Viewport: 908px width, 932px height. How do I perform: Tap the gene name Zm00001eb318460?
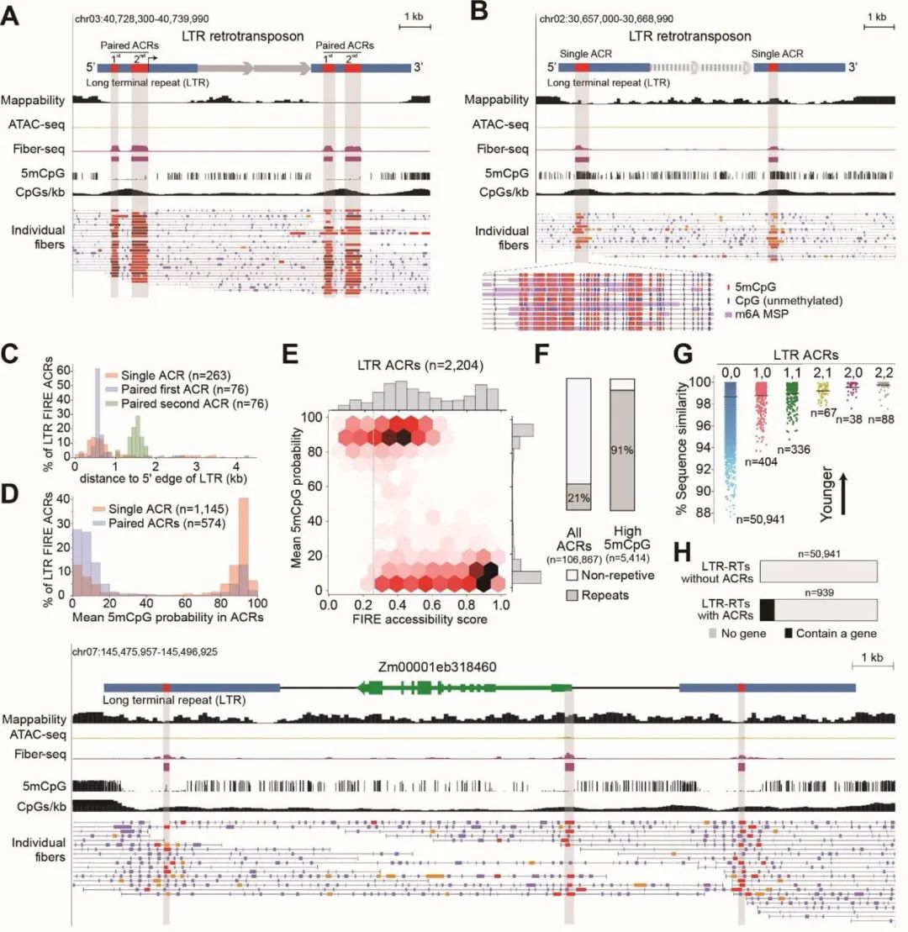click(435, 666)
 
